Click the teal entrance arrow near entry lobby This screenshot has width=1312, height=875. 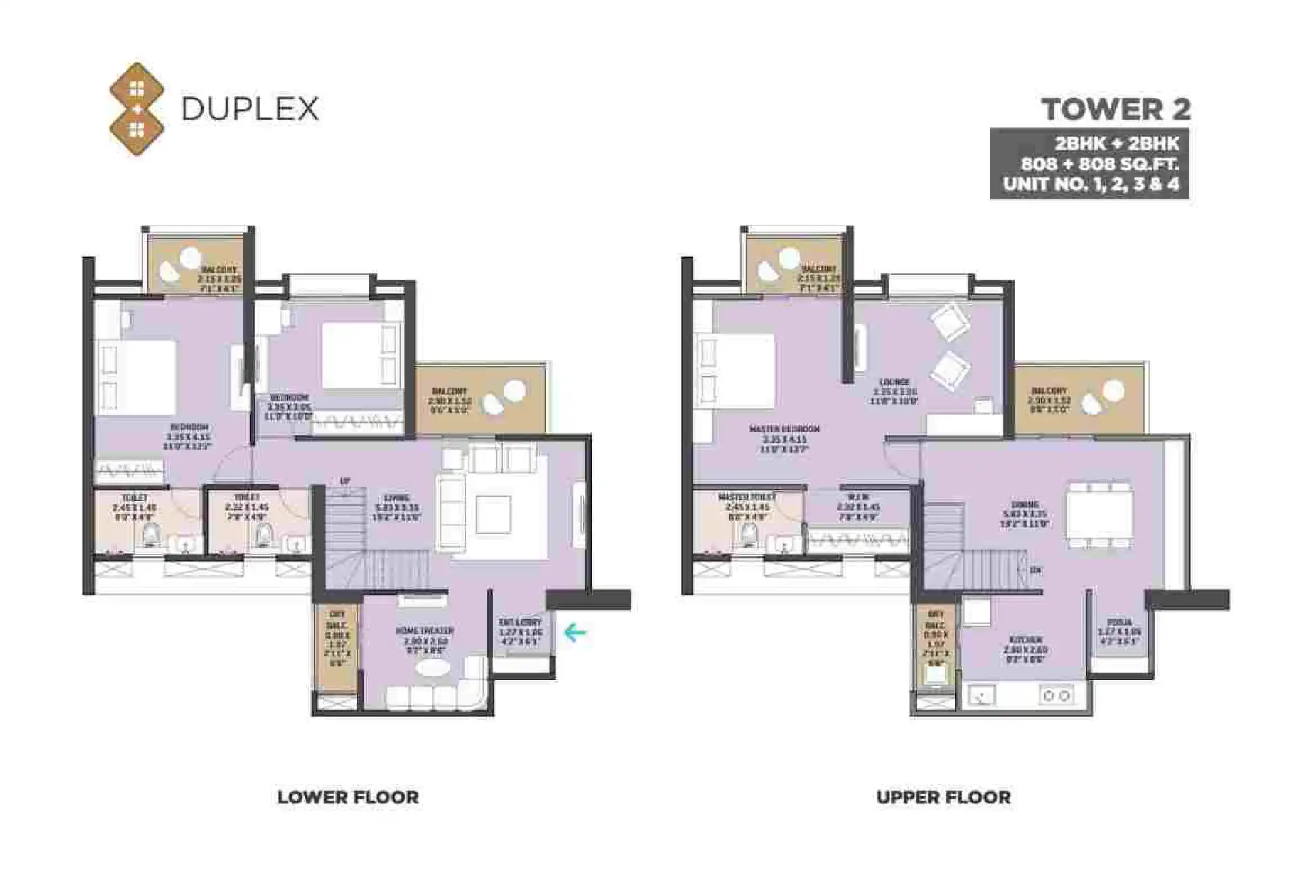pyautogui.click(x=574, y=633)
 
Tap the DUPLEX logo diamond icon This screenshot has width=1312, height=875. pyautogui.click(x=137, y=109)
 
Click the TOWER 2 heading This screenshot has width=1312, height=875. pyautogui.click(x=1116, y=109)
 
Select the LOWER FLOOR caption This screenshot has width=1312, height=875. pyautogui.click(x=348, y=797)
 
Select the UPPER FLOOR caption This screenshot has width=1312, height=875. pyautogui.click(x=943, y=797)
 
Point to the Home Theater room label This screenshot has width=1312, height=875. pyautogui.click(x=425, y=631)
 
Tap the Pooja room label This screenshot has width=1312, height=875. pyautogui.click(x=1119, y=622)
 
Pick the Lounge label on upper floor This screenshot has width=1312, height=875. pyautogui.click(x=894, y=382)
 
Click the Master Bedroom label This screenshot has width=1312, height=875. pyautogui.click(x=784, y=429)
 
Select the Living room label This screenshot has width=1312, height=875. pyautogui.click(x=397, y=499)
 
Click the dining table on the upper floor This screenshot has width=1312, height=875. pyautogui.click(x=1099, y=514)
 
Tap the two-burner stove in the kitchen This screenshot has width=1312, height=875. pyautogui.click(x=1056, y=695)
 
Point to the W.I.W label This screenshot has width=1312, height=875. pyautogui.click(x=848, y=497)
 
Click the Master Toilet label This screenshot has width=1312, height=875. pyautogui.click(x=746, y=497)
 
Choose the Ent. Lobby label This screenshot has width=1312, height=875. pyautogui.click(x=520, y=622)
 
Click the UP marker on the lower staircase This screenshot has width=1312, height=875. pyautogui.click(x=345, y=481)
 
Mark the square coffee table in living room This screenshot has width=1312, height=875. pyautogui.click(x=493, y=514)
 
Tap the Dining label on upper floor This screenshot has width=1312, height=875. pyautogui.click(x=1024, y=504)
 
